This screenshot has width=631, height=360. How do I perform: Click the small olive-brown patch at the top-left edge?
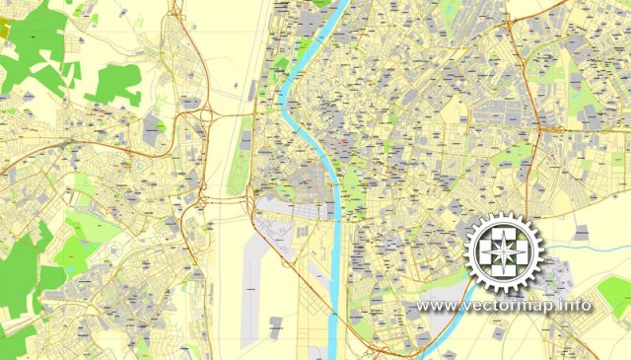coord(5,30)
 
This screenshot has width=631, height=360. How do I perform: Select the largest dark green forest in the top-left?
coord(39,59)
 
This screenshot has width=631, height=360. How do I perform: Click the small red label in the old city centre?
coord(342,146)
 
